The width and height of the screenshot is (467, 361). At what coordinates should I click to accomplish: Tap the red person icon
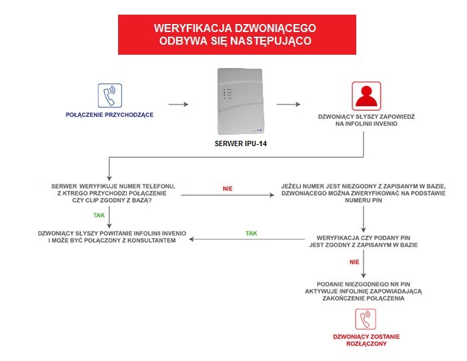click(x=366, y=95)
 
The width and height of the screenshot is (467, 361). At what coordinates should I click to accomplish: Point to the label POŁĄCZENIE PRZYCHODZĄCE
click(x=109, y=115)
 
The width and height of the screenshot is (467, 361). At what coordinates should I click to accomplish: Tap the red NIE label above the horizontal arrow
click(x=228, y=189)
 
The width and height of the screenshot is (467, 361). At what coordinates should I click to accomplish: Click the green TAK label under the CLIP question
click(x=99, y=216)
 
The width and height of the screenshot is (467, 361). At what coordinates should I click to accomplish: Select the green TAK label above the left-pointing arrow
click(x=252, y=234)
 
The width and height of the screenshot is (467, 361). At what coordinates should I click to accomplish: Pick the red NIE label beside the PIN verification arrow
click(x=354, y=262)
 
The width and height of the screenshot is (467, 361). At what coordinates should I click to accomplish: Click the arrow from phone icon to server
click(x=178, y=104)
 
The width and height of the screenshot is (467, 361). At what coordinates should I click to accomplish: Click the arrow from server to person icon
click(x=287, y=104)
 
